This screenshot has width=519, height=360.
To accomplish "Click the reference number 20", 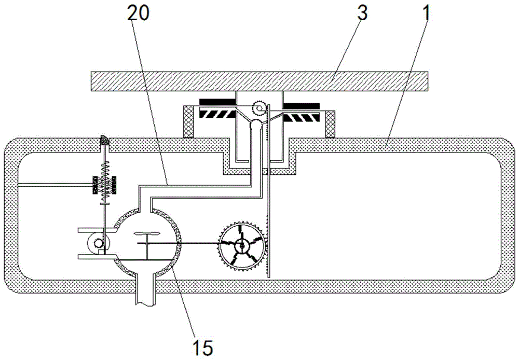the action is pyautogui.click(x=139, y=13).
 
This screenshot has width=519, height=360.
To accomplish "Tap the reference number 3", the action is pyautogui.click(x=363, y=13).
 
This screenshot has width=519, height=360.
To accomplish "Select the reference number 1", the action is pyautogui.click(x=426, y=13).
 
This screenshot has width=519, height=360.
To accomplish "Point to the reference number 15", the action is pyautogui.click(x=202, y=348).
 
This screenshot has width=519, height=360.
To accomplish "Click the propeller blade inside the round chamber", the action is pyautogui.click(x=147, y=234).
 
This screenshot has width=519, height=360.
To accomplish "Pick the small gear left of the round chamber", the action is pyautogui.click(x=98, y=244).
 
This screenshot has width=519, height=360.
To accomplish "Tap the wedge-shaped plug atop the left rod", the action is pyautogui.click(x=105, y=141).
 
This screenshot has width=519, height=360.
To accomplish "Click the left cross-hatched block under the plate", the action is pyautogui.click(x=188, y=121).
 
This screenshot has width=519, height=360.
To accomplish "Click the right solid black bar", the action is pyautogui.click(x=302, y=105).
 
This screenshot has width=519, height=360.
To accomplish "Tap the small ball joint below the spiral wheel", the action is pyautogui.click(x=256, y=125).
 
